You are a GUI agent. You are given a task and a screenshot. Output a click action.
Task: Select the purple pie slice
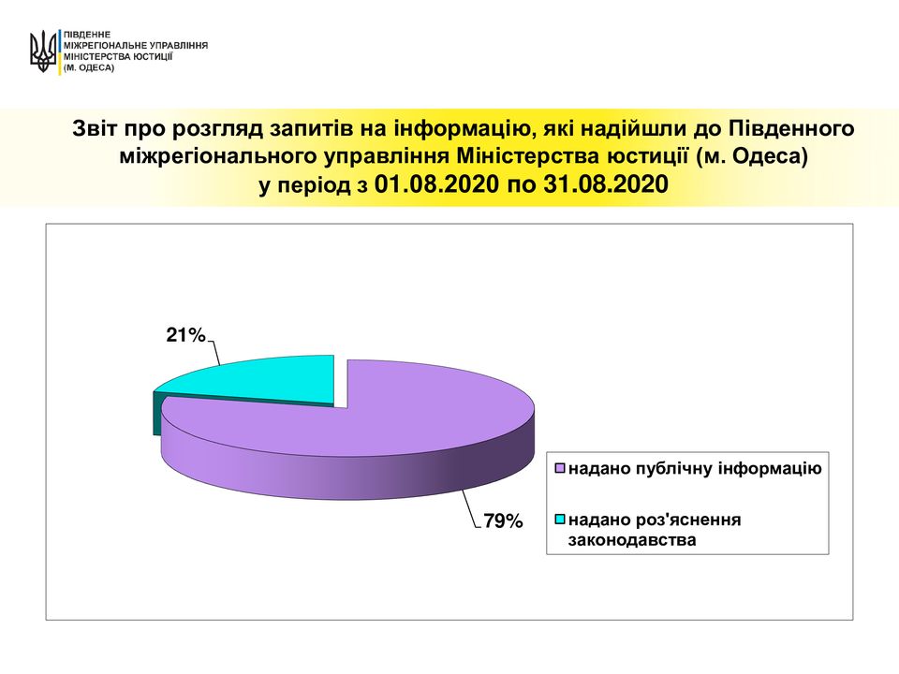[367, 435]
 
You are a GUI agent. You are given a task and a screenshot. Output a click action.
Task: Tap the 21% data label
[185, 335]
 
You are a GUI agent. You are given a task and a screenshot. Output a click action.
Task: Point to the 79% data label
[503, 521]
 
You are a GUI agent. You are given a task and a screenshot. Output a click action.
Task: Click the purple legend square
[560, 469]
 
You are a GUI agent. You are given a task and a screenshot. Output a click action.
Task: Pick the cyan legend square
[560, 520]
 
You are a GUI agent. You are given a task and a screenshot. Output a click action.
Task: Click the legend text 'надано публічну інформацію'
[695, 469]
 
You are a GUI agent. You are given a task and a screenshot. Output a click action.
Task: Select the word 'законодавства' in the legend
[632, 540]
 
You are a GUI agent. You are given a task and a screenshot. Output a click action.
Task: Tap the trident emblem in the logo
[43, 51]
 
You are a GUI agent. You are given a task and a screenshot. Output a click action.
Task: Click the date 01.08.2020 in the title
[437, 184]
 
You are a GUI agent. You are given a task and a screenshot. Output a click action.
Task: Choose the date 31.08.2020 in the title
[606, 184]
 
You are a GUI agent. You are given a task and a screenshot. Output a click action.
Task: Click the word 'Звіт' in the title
[93, 128]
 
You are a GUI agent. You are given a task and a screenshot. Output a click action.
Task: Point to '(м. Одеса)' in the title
[752, 156]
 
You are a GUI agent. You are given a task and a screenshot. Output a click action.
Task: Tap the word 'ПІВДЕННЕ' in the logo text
[87, 35]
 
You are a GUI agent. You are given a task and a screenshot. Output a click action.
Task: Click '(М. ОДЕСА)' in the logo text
[89, 67]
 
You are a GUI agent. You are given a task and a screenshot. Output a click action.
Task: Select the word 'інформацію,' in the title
[459, 129]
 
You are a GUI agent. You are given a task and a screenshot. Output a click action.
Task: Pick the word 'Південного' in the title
[792, 129]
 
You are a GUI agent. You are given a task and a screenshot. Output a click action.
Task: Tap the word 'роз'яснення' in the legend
[684, 520]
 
